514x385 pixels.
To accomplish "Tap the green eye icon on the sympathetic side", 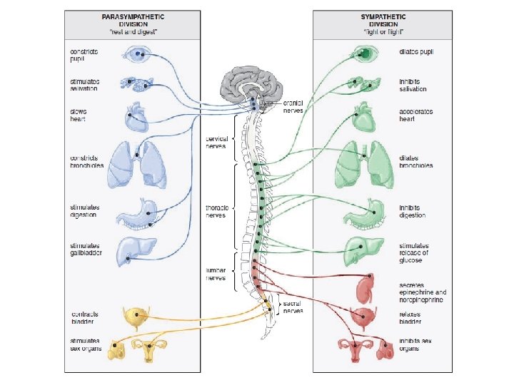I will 363,53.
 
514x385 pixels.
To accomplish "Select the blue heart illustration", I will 136,115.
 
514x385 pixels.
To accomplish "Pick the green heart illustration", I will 364,115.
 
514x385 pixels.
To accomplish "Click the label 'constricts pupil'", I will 84,55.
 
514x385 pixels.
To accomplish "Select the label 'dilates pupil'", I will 417,52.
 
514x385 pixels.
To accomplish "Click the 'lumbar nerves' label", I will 216,274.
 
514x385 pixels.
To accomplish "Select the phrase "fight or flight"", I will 383,33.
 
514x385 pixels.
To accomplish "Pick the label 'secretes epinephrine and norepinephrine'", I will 423,292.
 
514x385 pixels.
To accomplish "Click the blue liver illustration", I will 134,250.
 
